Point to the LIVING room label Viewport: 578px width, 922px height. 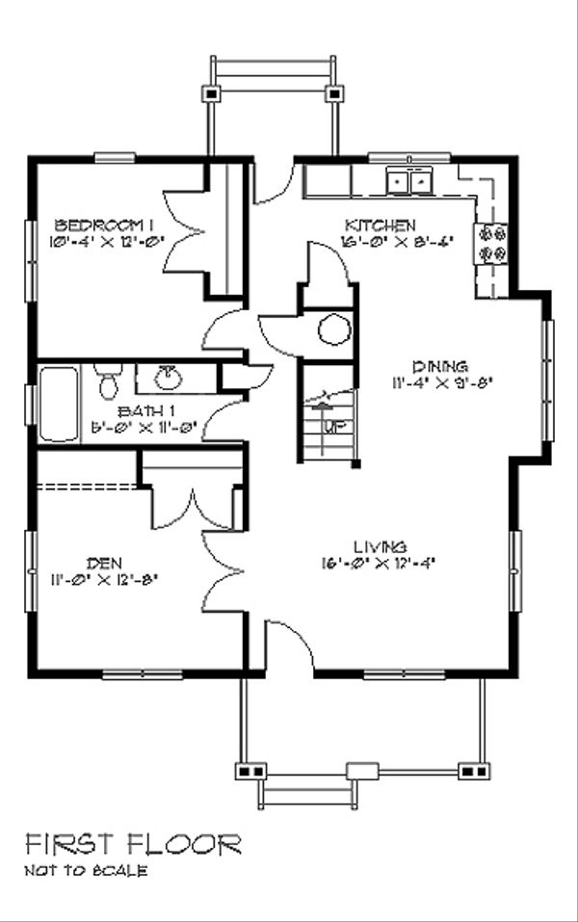click(379, 546)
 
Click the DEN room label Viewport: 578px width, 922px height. click(103, 562)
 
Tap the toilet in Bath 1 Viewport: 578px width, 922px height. click(109, 381)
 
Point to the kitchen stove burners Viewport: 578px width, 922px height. click(492, 243)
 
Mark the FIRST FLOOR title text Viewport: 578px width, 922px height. click(133, 845)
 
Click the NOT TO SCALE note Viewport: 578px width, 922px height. click(87, 872)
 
